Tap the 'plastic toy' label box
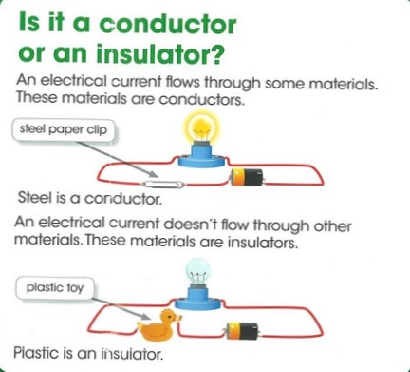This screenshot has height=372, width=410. (x=51, y=285)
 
